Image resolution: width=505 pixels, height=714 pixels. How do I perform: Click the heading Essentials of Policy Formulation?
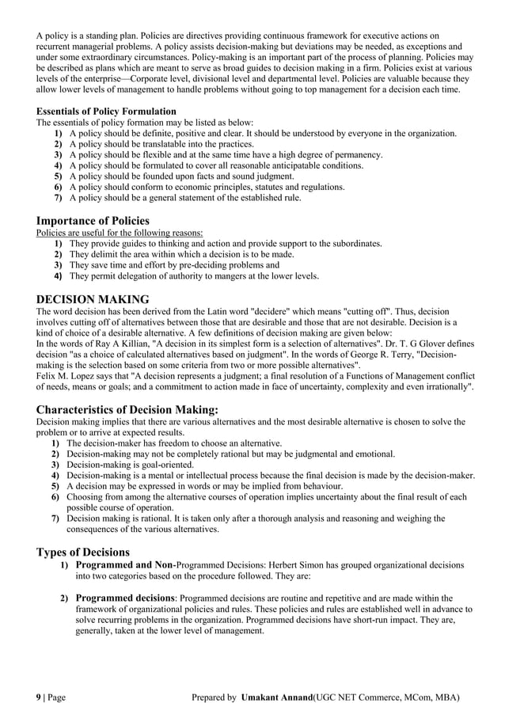[106, 112]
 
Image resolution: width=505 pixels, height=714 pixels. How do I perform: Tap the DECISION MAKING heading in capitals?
[93, 299]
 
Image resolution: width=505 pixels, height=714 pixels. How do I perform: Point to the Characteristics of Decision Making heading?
[127, 409]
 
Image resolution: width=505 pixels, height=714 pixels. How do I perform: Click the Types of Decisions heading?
[83, 552]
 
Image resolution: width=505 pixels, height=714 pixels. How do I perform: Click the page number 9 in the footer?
[40, 697]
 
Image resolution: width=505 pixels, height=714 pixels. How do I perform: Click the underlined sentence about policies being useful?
[120, 233]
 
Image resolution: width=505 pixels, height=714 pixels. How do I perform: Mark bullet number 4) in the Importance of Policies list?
[58, 276]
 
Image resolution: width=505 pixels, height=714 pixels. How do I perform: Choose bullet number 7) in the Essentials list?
[58, 198]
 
